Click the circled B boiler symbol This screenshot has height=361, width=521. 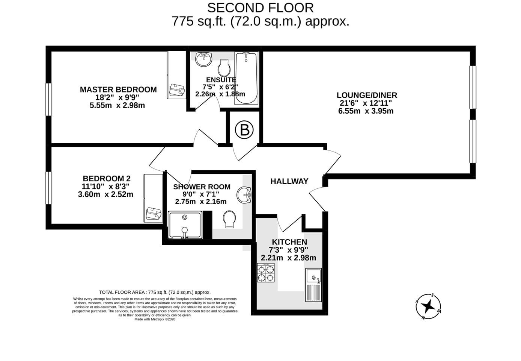point(244,130)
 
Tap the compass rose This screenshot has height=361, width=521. point(428,306)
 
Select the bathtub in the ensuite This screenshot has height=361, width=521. point(246,78)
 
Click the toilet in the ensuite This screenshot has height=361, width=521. point(224,68)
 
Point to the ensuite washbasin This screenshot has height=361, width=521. point(203,59)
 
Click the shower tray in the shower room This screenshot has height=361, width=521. point(185,225)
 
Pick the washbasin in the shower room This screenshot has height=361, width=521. point(244,195)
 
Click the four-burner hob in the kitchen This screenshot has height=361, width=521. point(266,273)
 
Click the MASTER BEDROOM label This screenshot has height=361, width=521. point(118,89)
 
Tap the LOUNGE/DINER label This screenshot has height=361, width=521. point(367,95)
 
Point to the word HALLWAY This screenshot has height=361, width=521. point(289,181)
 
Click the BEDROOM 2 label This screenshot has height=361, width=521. point(107,179)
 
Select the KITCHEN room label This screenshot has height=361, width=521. point(289,242)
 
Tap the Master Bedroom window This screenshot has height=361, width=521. point(49,99)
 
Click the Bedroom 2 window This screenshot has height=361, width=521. point(49,188)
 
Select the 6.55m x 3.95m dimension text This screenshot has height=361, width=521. point(366,111)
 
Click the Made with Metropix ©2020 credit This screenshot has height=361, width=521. point(155,319)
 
